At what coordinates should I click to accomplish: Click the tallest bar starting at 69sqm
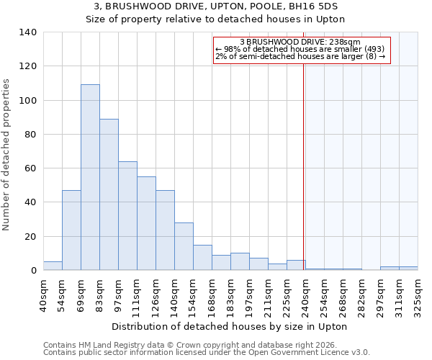point(90,177)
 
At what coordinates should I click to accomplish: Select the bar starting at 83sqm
point(109,194)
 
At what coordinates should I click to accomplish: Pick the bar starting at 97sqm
point(127,216)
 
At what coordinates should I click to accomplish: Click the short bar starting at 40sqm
point(53,266)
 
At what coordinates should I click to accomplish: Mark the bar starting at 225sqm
point(296,265)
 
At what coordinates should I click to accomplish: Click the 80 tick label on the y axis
point(30,135)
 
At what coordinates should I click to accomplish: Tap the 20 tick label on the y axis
point(30,237)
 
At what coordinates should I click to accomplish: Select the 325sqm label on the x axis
point(418,295)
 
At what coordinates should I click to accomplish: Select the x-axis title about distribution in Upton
point(230,326)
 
